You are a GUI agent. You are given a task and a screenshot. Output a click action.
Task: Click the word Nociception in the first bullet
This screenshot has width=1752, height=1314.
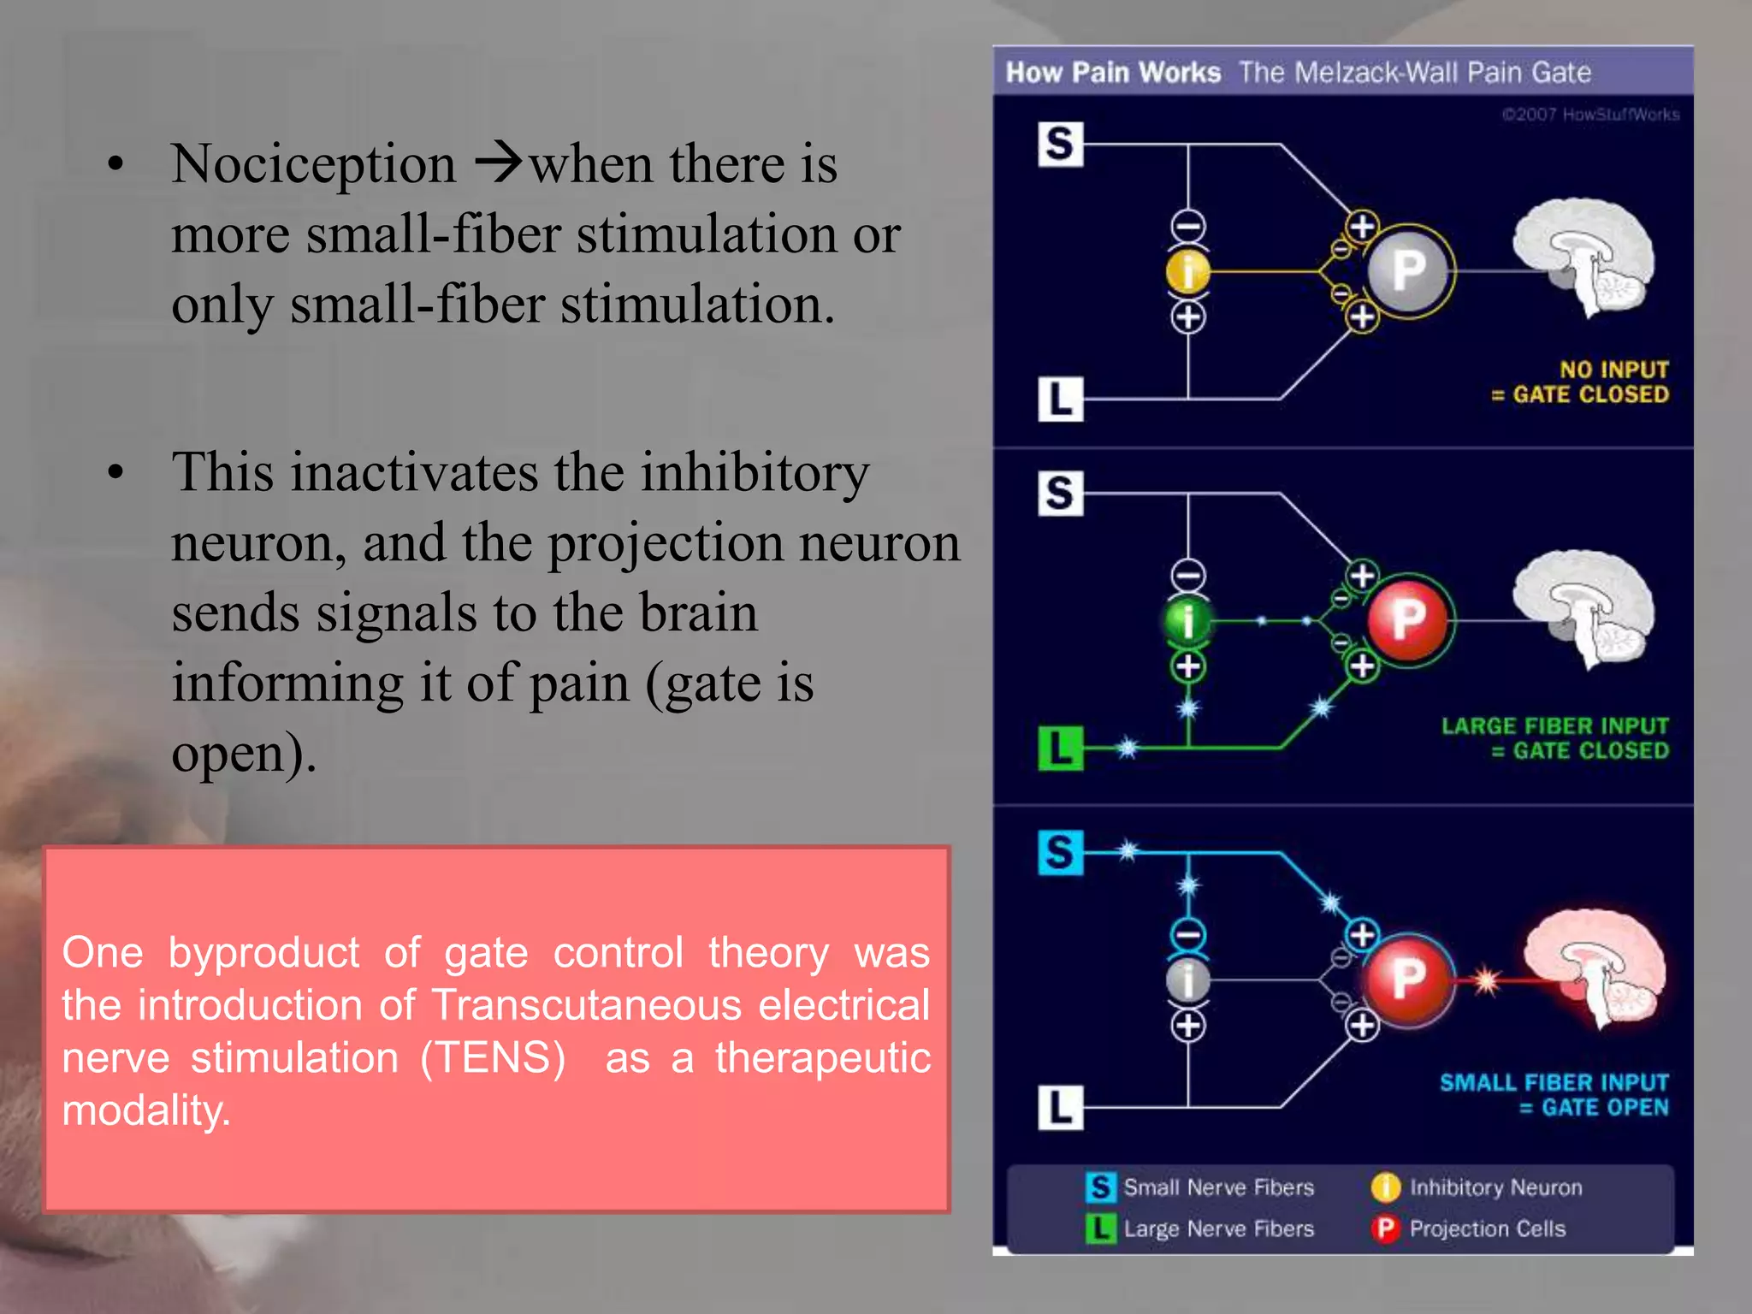313,164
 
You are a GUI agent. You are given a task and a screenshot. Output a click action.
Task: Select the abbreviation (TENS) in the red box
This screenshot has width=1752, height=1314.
494,1058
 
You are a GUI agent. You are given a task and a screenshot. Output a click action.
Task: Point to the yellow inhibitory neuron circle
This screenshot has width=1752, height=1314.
1188,272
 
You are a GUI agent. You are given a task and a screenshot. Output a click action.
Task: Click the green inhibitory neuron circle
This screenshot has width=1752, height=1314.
1188,620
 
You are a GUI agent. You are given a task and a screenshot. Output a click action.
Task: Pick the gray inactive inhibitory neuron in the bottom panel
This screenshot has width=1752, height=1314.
1188,980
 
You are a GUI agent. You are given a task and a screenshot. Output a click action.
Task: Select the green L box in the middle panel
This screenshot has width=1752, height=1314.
1060,749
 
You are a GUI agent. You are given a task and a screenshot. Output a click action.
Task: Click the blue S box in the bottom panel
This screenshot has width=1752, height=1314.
1060,852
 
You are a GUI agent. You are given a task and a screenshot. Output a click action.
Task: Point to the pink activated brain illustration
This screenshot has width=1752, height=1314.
1596,967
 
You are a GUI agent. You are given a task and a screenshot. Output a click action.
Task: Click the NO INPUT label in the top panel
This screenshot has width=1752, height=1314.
1613,370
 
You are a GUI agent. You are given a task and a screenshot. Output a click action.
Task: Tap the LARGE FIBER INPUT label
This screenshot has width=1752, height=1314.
1554,726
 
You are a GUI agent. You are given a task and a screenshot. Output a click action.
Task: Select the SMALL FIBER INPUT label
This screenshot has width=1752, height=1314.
1554,1083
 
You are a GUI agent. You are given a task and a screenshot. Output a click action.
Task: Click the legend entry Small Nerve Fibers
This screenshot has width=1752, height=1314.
1218,1187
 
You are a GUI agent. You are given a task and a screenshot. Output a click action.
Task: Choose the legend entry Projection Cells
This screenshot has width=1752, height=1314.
1487,1229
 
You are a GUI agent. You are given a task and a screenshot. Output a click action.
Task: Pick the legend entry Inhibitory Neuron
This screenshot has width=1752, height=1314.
1495,1187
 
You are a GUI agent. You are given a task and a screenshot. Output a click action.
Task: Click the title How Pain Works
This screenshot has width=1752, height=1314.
1113,73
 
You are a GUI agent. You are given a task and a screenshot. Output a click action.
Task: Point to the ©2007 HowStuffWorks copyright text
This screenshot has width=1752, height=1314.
1590,115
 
